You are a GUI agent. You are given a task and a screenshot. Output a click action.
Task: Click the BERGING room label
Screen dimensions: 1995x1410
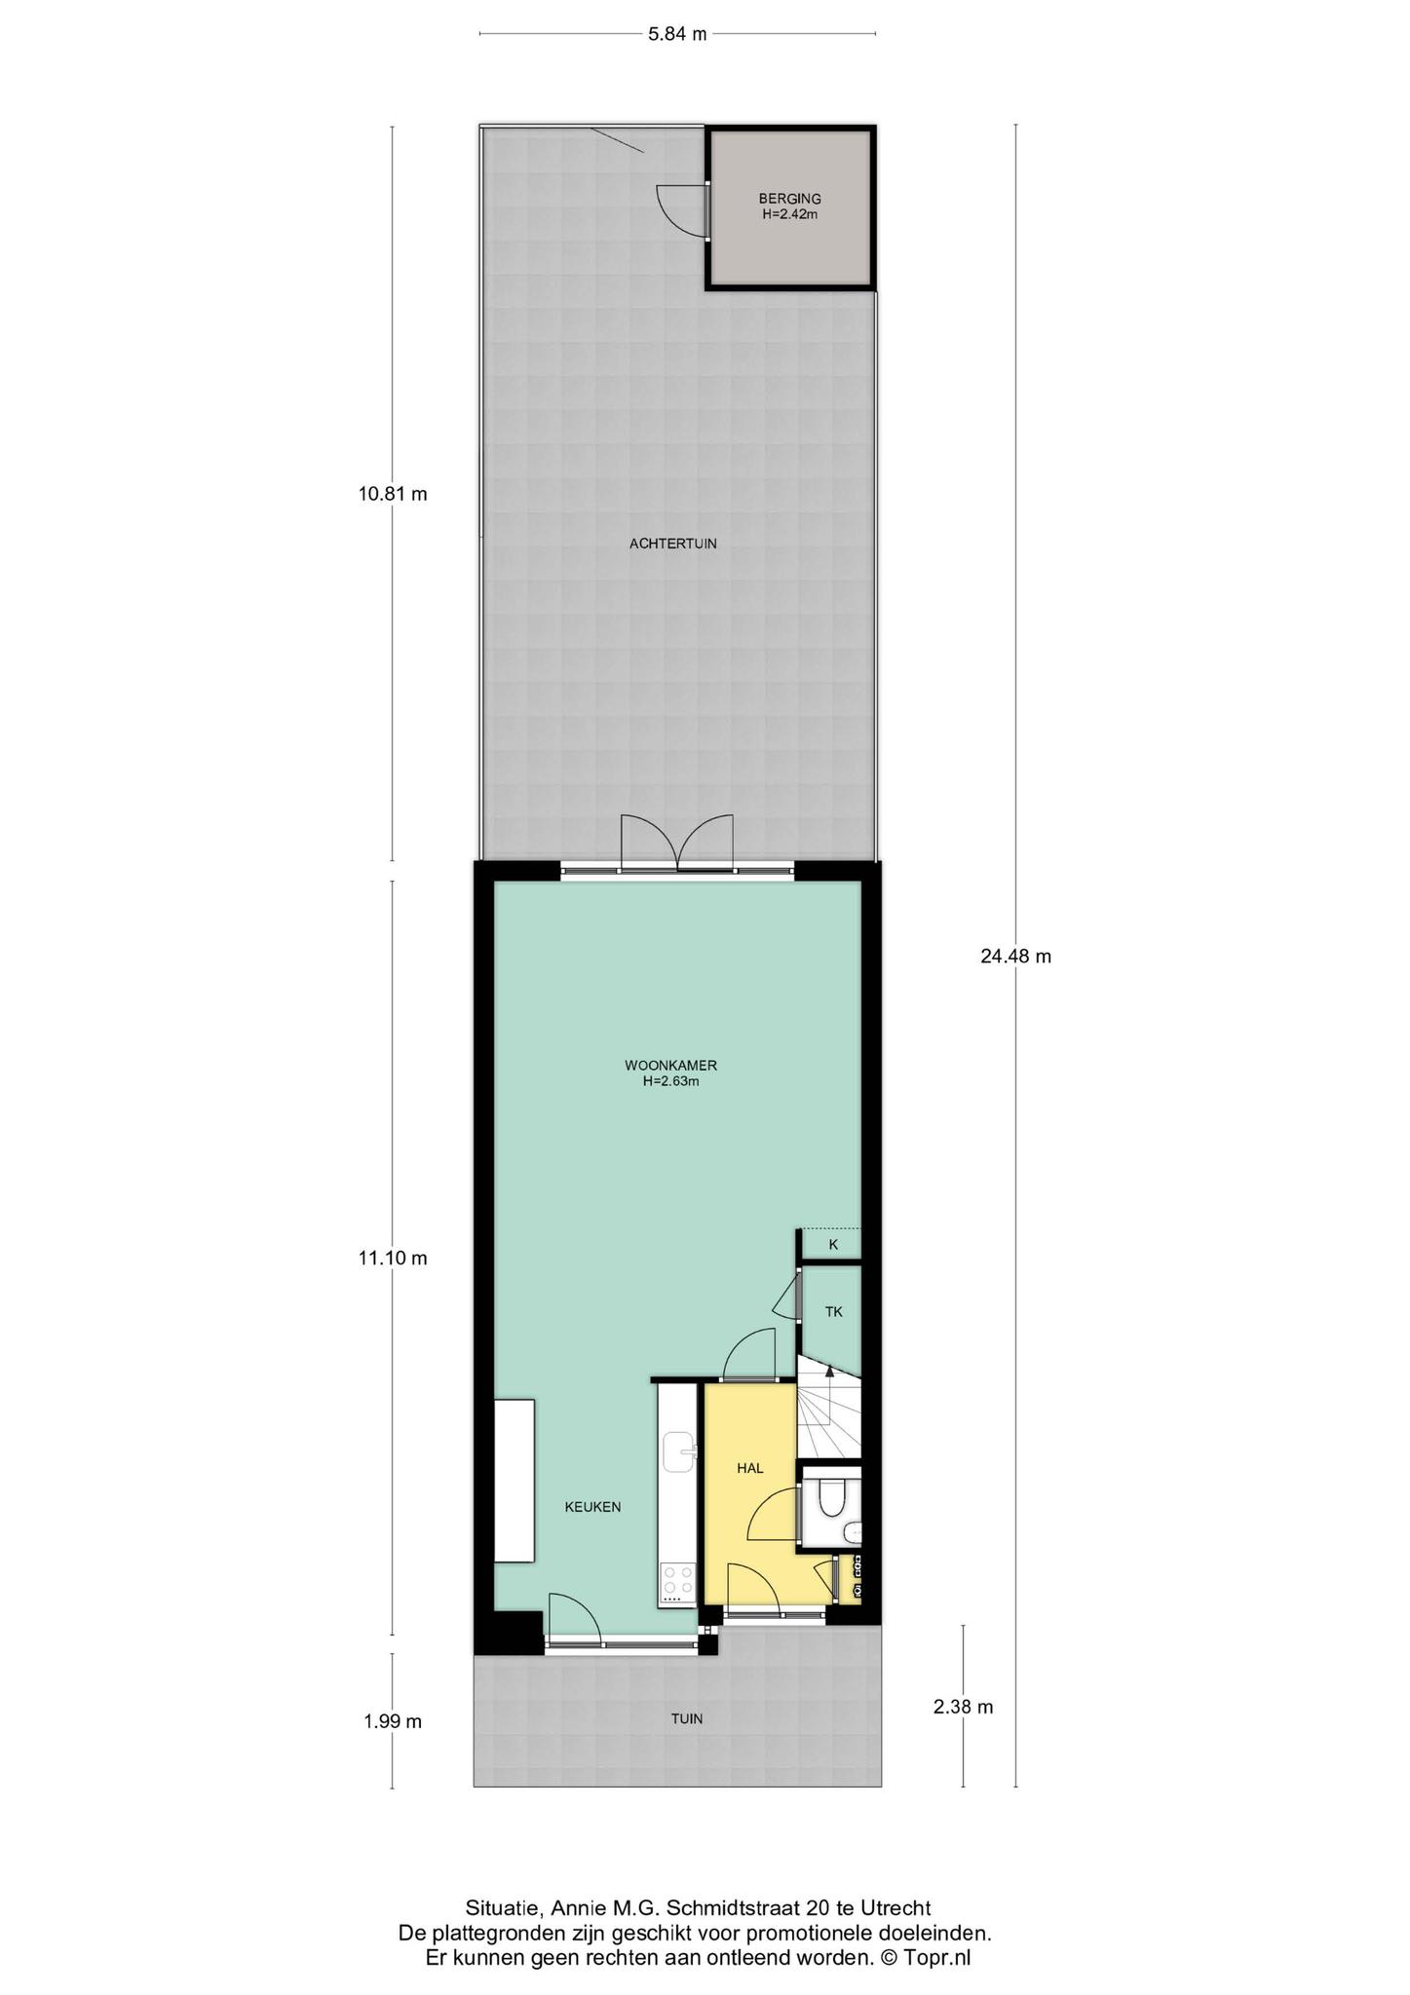(789, 199)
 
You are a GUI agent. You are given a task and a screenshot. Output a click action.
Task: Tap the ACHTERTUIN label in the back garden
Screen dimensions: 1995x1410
(672, 544)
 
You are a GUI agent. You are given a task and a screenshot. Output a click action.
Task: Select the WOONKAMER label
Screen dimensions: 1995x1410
(671, 1065)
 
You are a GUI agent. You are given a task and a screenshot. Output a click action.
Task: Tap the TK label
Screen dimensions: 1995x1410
(833, 1312)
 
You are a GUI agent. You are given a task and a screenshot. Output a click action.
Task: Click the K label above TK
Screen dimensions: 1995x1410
(833, 1244)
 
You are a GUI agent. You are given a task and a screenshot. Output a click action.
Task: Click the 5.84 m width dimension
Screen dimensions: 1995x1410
(677, 34)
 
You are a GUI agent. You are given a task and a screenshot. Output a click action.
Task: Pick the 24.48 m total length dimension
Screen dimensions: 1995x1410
(1015, 957)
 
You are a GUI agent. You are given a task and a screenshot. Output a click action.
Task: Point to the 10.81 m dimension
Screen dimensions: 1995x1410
(393, 494)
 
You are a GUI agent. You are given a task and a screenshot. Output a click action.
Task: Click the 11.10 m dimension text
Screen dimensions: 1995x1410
(393, 1258)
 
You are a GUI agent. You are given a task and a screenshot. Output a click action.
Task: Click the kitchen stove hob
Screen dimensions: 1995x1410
(677, 1583)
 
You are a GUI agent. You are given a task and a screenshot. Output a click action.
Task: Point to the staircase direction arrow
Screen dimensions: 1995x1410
(829, 1372)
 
